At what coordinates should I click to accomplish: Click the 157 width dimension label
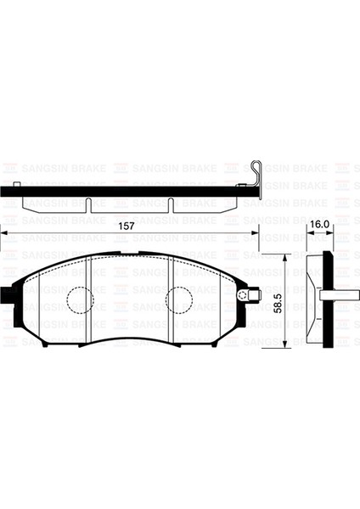126,227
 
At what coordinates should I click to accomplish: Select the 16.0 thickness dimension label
320,224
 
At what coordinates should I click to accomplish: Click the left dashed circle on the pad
80,300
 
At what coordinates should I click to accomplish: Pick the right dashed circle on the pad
179,300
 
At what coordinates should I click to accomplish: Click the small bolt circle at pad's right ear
242,295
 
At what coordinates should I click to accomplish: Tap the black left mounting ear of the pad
7,295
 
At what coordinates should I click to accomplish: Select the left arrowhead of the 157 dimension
3,232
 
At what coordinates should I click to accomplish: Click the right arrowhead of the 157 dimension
255,232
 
